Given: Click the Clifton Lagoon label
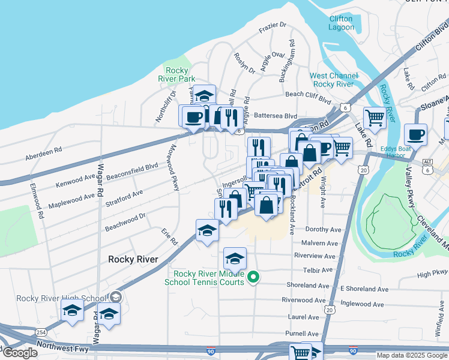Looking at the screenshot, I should [341, 23].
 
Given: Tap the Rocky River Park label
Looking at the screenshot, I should [176, 74].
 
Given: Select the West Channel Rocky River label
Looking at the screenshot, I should [333, 80].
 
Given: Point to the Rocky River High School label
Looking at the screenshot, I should [61, 298].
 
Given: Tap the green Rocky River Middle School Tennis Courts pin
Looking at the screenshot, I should [253, 277].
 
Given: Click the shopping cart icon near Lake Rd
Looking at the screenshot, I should [375, 118].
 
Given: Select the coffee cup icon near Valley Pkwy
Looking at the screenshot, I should [415, 134].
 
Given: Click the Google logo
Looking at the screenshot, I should [20, 353].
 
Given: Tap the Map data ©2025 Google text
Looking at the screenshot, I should [411, 355].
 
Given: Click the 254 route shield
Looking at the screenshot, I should [40, 332].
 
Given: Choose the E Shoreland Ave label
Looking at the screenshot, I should [362, 289].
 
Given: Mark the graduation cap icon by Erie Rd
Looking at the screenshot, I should [207, 230].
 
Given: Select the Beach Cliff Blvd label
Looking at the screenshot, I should [309, 95].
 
